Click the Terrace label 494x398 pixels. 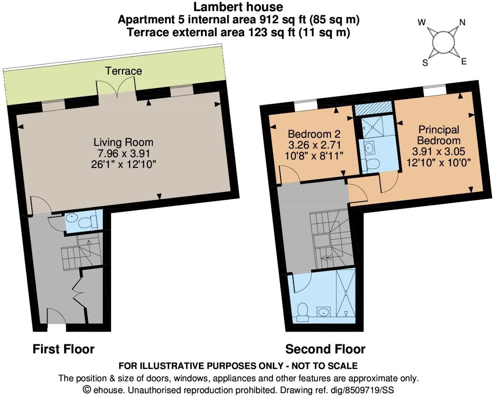click(123, 71)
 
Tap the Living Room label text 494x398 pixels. click(123, 142)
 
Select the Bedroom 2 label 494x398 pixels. click(314, 134)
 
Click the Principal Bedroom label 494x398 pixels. click(439, 135)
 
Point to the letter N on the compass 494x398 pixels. click(462, 23)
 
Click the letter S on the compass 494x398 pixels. click(425, 63)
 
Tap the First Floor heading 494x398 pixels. click(64, 349)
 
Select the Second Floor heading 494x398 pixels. click(325, 349)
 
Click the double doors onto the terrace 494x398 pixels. click(116, 87)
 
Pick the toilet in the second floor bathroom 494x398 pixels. click(303, 312)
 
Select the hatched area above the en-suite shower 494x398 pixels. click(373, 108)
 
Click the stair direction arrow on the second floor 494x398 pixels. click(326, 258)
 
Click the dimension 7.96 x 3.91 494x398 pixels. click(124, 153)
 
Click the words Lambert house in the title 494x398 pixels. click(238, 7)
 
